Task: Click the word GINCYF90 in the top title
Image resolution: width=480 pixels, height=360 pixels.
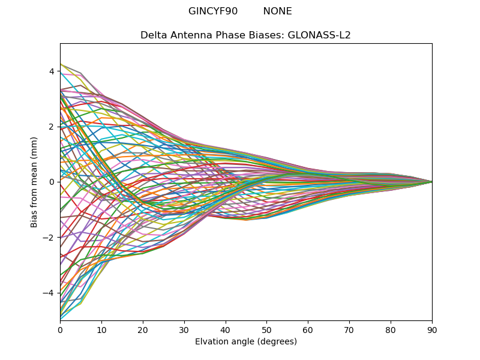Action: (213, 11)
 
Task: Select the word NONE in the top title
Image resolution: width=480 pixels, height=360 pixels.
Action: (277, 11)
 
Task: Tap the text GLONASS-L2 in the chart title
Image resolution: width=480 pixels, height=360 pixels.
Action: (319, 35)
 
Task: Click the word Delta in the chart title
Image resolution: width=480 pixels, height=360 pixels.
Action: (153, 35)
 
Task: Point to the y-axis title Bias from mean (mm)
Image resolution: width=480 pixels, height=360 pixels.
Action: (34, 182)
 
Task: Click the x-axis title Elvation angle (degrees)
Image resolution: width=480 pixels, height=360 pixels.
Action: (246, 342)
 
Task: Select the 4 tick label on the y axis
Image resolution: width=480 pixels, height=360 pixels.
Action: (52, 71)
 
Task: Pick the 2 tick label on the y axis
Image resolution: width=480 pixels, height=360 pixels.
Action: (52, 127)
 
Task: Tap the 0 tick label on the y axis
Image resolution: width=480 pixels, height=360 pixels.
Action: (52, 182)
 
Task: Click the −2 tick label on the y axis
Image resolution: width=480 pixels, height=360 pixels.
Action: (49, 238)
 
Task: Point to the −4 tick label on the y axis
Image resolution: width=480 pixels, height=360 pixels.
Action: (49, 293)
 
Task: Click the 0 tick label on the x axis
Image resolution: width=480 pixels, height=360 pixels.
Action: (60, 329)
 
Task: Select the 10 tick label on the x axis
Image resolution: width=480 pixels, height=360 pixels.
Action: (101, 329)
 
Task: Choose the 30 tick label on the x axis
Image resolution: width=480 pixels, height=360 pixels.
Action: (184, 329)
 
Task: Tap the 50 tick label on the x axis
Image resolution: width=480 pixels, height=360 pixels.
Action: (266, 329)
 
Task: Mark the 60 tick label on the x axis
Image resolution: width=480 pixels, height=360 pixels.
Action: (308, 329)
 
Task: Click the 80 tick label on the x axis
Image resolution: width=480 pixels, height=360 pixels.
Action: (391, 329)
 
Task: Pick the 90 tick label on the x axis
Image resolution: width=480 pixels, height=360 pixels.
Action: (432, 329)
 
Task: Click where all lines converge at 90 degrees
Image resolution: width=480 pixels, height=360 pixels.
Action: (431, 182)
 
